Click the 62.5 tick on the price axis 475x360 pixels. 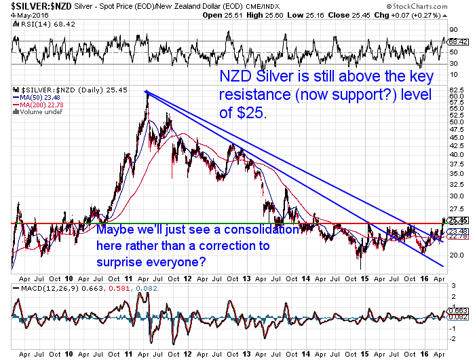click(x=455, y=90)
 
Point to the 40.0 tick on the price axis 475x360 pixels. click(x=455, y=154)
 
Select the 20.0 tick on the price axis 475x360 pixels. click(x=455, y=255)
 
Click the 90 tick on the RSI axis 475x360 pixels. click(x=451, y=30)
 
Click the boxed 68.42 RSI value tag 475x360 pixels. click(x=457, y=42)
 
